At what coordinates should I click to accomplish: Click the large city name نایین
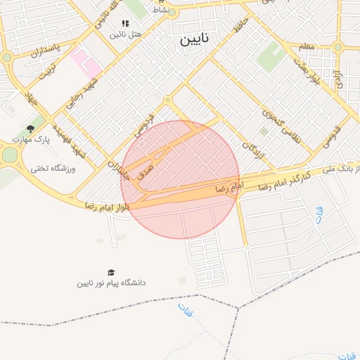click(195, 38)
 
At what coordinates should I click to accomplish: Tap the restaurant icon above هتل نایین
click(125, 23)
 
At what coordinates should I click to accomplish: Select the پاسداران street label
click(47, 50)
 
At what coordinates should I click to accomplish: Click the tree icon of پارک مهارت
click(30, 129)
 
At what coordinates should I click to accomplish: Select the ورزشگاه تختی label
click(53, 169)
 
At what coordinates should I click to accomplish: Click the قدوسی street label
click(331, 136)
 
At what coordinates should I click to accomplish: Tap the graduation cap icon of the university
click(111, 272)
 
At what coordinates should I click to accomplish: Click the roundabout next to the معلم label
click(337, 47)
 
